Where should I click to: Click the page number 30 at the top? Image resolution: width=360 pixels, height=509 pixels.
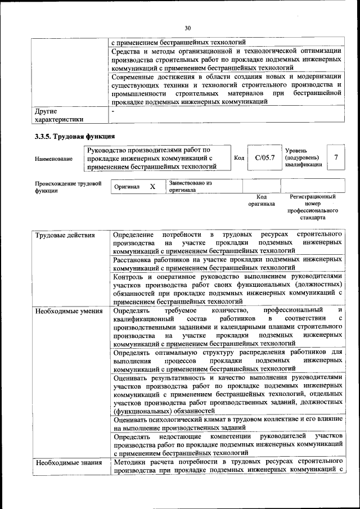coord(188,28)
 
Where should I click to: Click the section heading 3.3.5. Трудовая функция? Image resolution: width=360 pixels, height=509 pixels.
coord(74,136)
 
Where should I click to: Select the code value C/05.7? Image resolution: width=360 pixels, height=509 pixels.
coord(264,158)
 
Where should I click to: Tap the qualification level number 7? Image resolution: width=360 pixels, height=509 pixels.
coord(336,158)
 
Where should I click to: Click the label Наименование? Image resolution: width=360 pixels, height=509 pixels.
coord(53,159)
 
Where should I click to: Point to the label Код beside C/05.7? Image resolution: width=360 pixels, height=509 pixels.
coord(238,159)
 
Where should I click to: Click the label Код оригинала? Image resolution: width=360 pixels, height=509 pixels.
coord(262,201)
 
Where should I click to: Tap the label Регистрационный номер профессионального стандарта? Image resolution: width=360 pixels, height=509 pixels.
coord(313,207)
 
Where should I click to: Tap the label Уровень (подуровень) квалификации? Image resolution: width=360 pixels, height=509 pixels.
coord(304,158)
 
